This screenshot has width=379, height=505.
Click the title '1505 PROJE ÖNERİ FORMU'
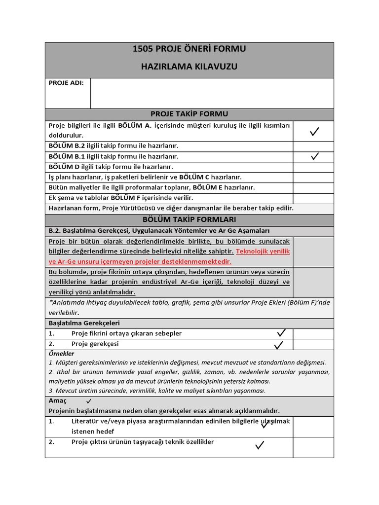pos(189,49)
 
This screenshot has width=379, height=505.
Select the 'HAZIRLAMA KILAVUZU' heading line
pos(189,66)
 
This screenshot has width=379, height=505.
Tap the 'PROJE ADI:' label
pos(66,83)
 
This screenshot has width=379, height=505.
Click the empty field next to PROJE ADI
pos(212,93)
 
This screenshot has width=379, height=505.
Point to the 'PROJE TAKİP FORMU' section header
pos(189,114)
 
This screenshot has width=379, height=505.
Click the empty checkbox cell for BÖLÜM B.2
pos(313,146)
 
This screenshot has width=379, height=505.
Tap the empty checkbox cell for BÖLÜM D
pos(313,167)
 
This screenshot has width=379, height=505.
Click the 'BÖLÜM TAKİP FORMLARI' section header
pos(189,219)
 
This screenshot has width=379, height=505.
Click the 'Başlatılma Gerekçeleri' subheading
pos(84,323)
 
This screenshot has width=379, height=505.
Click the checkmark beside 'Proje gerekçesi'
pos(279,344)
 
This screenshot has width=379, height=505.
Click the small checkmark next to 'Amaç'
pos(89,401)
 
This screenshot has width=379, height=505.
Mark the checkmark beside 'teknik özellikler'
pos(260,446)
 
